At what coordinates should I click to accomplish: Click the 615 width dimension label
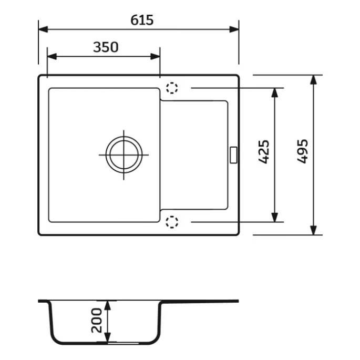click(x=142, y=20)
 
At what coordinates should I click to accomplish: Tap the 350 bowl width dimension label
click(x=106, y=47)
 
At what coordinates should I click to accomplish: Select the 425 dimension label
click(x=264, y=152)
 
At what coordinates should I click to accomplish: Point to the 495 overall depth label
click(x=302, y=151)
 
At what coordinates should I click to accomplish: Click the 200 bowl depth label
click(x=96, y=321)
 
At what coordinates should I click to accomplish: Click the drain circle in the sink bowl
click(x=124, y=155)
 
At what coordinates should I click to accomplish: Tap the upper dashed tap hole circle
click(x=172, y=88)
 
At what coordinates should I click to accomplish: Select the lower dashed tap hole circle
click(x=172, y=222)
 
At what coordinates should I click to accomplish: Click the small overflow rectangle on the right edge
click(x=233, y=155)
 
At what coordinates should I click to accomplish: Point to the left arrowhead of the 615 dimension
click(x=43, y=29)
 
